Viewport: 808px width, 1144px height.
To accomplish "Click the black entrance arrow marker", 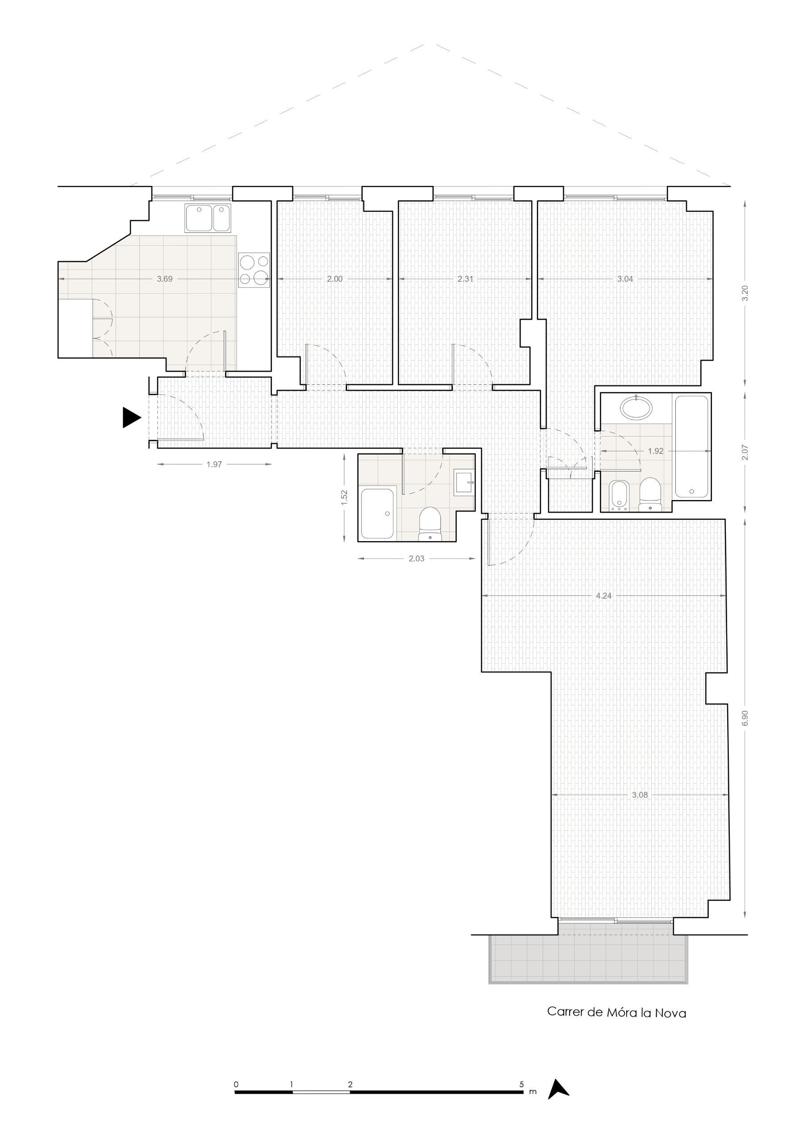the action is click(x=131, y=417).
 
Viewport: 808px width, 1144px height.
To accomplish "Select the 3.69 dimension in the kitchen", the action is click(x=164, y=279).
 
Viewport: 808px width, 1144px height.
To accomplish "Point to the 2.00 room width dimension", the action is click(x=335, y=279).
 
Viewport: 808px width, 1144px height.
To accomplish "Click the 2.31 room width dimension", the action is click(x=465, y=279).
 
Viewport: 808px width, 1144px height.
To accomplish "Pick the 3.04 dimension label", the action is click(x=625, y=279).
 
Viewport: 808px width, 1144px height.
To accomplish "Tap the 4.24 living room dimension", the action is click(x=604, y=596).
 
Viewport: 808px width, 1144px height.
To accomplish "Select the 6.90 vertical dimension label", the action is click(x=745, y=718).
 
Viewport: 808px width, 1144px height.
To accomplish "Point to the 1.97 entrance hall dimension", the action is click(x=214, y=464).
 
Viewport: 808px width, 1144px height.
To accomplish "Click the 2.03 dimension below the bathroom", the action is click(x=416, y=559).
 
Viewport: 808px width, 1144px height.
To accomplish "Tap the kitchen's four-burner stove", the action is click(x=254, y=270).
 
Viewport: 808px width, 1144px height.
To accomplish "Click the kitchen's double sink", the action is click(x=208, y=218).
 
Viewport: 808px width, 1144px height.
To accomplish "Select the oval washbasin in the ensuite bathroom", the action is click(x=636, y=408).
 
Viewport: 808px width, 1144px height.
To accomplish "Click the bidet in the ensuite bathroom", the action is click(x=618, y=496).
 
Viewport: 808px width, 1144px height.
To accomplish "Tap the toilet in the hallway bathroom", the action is click(x=430, y=524).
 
